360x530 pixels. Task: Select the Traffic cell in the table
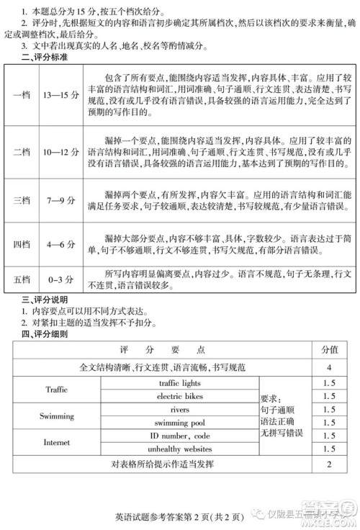[56, 390]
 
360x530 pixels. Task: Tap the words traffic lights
[180, 383]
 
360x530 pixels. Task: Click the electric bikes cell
[180, 396]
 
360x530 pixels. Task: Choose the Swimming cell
[56, 416]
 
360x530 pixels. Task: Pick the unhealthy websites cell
[180, 449]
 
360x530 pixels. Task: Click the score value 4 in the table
[328, 367]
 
